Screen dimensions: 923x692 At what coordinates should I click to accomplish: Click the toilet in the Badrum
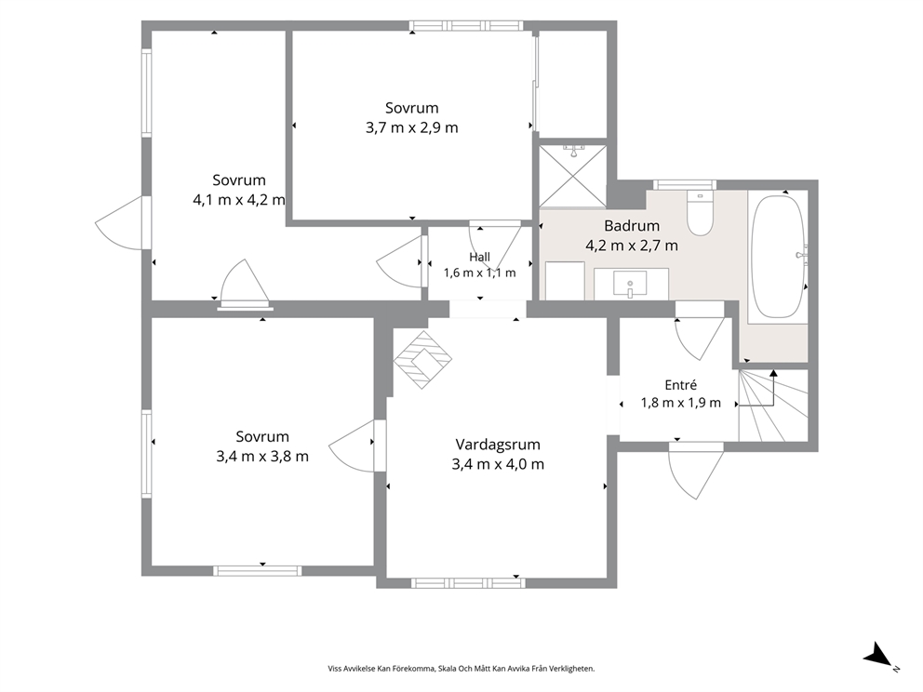(700, 214)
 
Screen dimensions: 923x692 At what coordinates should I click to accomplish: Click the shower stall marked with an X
(573, 176)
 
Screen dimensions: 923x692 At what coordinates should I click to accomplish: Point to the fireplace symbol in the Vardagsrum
(422, 360)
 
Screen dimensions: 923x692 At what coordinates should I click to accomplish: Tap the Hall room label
(480, 257)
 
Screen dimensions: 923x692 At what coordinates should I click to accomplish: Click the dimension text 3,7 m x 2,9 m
(412, 127)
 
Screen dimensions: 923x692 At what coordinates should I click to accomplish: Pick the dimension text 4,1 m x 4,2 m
(239, 200)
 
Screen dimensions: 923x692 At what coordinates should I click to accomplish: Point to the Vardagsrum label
(498, 445)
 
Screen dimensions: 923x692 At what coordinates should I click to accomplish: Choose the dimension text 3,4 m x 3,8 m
(262, 457)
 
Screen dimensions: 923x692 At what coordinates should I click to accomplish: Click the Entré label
(681, 385)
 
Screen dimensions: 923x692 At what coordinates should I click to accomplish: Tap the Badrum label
(632, 225)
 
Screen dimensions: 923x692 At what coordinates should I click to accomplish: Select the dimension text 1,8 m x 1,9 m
(681, 403)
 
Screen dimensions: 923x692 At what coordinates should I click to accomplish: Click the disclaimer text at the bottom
(461, 669)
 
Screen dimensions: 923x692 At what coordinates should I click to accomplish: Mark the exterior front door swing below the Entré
(696, 471)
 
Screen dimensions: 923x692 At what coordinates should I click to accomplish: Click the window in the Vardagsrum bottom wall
(468, 583)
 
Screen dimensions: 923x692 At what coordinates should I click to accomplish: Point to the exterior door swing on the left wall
(119, 223)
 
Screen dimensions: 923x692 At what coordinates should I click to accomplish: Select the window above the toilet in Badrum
(685, 185)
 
